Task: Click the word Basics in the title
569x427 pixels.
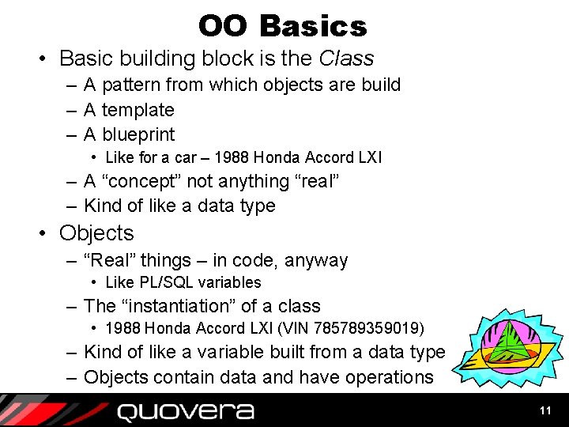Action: pyautogui.click(x=313, y=26)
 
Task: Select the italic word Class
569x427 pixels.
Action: pyautogui.click(x=346, y=59)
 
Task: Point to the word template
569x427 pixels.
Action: pyautogui.click(x=138, y=110)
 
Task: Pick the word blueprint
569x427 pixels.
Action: pyautogui.click(x=138, y=134)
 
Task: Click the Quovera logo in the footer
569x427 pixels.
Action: pyautogui.click(x=186, y=411)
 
